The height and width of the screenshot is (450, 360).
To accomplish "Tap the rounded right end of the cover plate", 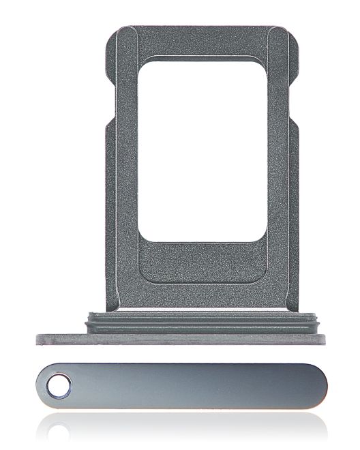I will coord(321,388).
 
